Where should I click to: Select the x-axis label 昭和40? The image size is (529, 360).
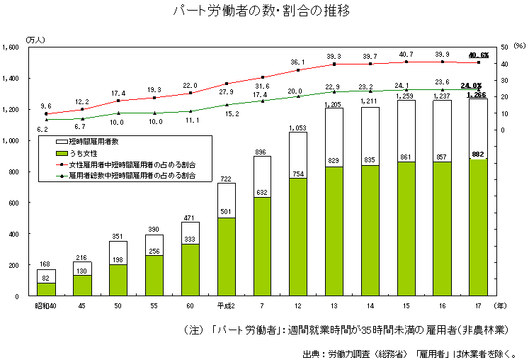point(46,305)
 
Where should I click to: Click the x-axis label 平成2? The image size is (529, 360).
point(226,305)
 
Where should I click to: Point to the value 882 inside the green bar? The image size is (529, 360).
point(478,153)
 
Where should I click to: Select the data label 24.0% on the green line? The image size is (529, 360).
point(471,85)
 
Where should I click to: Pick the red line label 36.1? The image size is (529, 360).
point(298,62)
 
